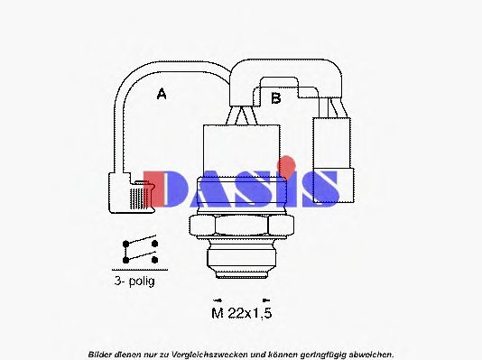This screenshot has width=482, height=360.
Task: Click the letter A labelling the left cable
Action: coord(162,94)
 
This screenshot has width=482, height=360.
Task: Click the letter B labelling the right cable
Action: coord(276,97)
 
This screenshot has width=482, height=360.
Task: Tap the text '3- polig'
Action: coord(134,282)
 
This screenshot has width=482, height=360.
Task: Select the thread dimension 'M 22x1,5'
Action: coord(240,313)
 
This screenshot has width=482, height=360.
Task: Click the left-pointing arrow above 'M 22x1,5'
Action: coord(216,300)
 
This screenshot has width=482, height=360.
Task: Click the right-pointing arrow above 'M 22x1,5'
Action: coord(264,300)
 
